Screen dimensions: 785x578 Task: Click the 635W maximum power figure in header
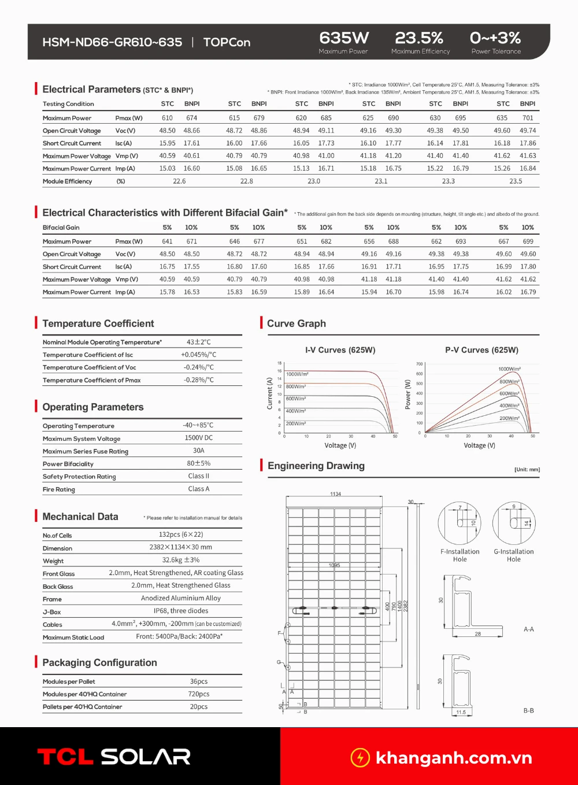344,38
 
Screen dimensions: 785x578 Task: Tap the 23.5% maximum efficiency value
419,38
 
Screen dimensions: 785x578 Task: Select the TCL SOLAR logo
114,757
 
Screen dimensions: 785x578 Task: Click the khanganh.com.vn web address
454,758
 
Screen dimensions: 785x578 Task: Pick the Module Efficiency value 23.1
381,181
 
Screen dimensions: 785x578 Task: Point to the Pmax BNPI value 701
528,118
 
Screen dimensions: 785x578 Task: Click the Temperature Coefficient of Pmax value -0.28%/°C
199,380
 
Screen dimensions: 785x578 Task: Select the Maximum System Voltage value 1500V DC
199,438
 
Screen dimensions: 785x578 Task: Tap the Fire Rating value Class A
199,489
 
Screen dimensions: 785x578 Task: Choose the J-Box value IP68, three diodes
181,611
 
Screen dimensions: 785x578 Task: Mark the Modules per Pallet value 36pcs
199,681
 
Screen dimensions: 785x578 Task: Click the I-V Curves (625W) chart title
340,350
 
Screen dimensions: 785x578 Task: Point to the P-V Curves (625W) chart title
481,350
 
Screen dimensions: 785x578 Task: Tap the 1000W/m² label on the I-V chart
297,374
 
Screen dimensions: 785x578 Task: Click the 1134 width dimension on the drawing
336,494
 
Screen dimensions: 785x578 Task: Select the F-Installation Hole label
460,555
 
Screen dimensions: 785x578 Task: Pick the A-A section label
528,629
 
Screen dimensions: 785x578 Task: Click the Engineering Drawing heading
316,466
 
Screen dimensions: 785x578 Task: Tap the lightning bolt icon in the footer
360,757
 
